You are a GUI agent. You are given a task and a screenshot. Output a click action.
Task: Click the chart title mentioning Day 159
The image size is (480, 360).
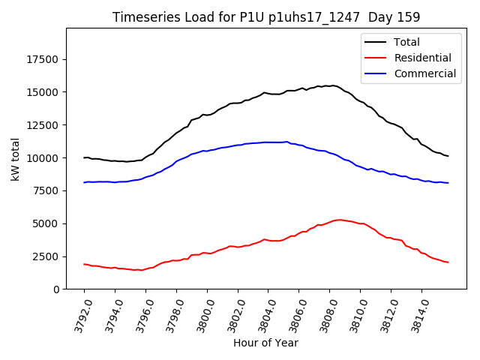point(266,16)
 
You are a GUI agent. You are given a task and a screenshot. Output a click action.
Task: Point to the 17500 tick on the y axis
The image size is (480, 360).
point(43,60)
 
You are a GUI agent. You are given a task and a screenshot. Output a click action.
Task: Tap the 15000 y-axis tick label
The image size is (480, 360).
point(43,92)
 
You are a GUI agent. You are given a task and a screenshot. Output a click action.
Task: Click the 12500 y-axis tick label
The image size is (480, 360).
point(43,125)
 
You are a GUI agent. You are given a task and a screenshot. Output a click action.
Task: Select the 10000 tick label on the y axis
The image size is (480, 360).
point(43,158)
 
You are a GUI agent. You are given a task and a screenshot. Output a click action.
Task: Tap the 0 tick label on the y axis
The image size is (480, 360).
point(56,289)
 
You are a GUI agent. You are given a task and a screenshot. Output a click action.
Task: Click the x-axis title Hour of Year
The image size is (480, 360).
point(265,343)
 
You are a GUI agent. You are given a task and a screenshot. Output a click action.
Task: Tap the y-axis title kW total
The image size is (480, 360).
point(15,159)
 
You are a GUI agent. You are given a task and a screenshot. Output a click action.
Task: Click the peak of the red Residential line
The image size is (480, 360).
point(339,220)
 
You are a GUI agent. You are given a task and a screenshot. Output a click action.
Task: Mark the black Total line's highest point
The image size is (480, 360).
point(333,85)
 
